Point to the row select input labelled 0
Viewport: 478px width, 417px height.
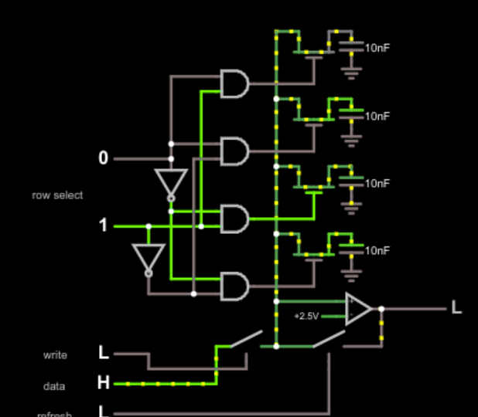(x=104, y=158)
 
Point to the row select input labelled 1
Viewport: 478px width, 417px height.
(x=104, y=225)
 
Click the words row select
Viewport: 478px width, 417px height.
(x=57, y=195)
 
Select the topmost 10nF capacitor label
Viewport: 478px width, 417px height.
(x=377, y=48)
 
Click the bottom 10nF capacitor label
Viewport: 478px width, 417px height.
(x=377, y=251)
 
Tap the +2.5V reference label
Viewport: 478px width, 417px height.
(x=307, y=317)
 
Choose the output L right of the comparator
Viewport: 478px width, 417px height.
(x=457, y=309)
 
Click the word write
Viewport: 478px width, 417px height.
(x=55, y=355)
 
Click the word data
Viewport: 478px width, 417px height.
(x=55, y=386)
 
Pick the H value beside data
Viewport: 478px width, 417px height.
(x=104, y=383)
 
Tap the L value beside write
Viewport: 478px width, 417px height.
(x=104, y=354)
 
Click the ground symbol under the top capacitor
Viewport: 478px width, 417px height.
(x=353, y=74)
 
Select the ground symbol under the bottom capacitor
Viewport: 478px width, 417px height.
(x=353, y=276)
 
